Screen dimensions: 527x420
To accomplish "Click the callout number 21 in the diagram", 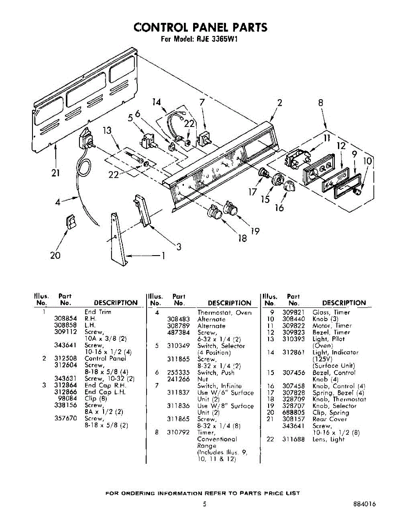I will pos(55,173).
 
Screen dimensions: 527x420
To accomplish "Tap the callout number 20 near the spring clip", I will pos(55,255).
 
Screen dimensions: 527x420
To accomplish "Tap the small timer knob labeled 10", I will pos(359,191).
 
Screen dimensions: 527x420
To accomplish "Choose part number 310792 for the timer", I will pos(178,433).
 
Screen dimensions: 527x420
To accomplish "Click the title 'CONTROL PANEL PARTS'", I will pos(200,27).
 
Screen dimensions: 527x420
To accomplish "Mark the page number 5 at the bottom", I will pos(205,505).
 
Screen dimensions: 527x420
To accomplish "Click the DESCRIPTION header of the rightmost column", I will pos(344,303).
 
